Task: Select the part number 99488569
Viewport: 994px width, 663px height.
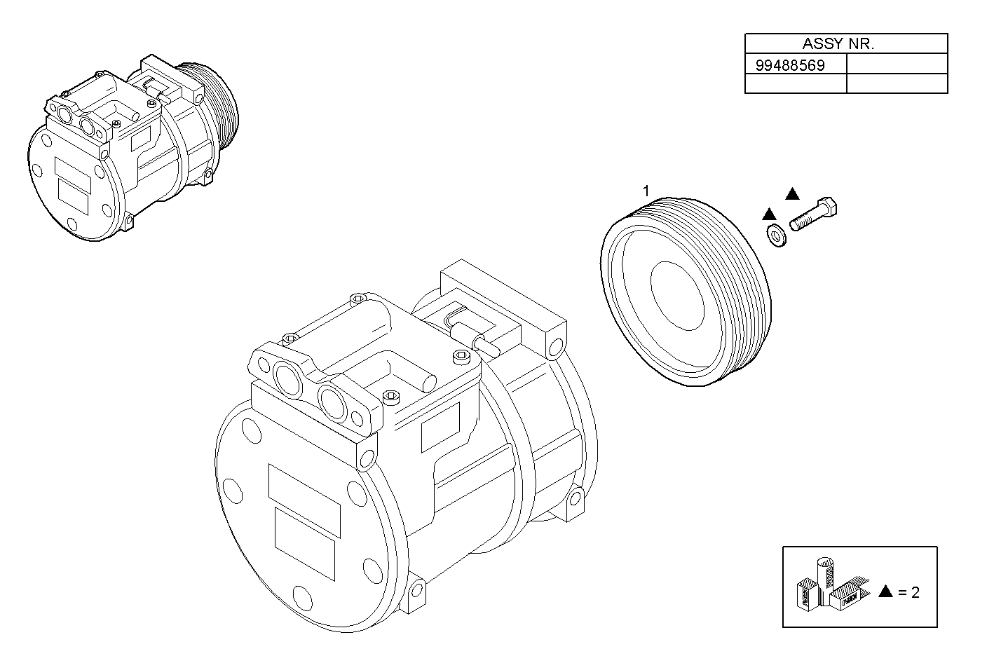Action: click(x=790, y=65)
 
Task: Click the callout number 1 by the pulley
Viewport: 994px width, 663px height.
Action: click(x=646, y=191)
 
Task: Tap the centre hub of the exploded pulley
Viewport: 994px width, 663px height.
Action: click(x=676, y=295)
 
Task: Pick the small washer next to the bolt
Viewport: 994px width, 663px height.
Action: click(x=777, y=235)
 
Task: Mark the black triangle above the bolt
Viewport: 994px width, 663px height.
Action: click(x=792, y=194)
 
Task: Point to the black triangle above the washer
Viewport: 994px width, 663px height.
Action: click(x=769, y=213)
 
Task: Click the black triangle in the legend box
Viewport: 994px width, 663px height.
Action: click(x=885, y=592)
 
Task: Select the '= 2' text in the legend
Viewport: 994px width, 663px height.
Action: click(x=908, y=592)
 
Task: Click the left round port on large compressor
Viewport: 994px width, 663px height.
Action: click(x=288, y=378)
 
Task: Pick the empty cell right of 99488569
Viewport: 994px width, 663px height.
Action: click(x=897, y=65)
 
